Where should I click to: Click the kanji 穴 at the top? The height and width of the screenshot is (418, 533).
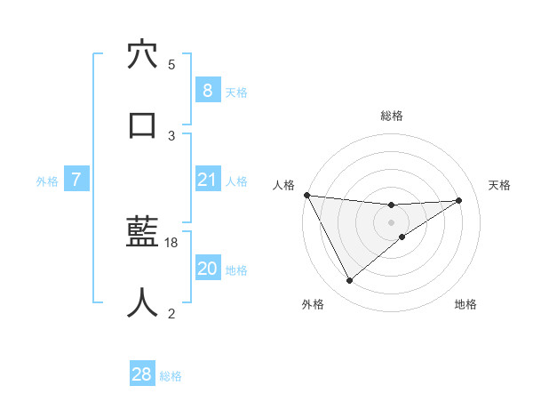[142, 55]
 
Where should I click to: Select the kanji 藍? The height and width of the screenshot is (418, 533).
[142, 233]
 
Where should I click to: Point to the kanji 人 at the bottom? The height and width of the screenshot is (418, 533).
[142, 302]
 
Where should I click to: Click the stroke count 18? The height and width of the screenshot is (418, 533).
[172, 242]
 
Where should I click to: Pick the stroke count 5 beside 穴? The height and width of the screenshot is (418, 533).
[171, 64]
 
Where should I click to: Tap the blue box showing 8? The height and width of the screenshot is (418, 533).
[207, 90]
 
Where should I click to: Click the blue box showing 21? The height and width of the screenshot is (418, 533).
[207, 180]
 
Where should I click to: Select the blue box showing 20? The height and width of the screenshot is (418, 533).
[207, 269]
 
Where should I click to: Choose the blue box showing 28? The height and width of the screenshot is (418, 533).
[142, 374]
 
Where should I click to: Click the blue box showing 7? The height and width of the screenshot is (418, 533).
[76, 180]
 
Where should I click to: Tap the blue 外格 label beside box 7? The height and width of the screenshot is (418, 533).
[47, 181]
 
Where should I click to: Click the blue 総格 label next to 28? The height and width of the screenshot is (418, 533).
[171, 376]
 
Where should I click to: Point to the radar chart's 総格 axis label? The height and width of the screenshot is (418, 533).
[392, 116]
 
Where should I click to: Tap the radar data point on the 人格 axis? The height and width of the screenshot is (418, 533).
[306, 195]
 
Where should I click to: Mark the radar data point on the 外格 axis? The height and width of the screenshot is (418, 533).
[349, 281]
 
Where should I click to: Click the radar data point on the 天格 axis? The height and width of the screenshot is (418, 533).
[459, 200]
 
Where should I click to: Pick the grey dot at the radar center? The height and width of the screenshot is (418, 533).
[392, 221]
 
